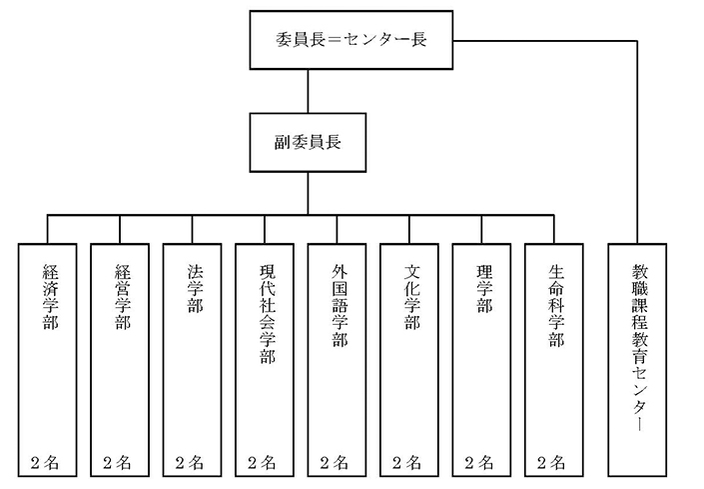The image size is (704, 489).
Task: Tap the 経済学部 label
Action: pyautogui.click(x=51, y=297)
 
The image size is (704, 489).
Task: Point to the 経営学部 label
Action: pyautogui.click(x=123, y=297)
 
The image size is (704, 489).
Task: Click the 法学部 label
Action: pyautogui.click(x=196, y=288)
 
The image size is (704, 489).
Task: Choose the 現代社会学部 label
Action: pyautogui.click(x=268, y=313)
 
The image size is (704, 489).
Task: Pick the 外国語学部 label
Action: pyautogui.click(x=340, y=305)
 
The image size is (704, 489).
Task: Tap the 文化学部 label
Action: pyautogui.click(x=412, y=297)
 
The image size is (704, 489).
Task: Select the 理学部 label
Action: pyautogui.click(x=484, y=288)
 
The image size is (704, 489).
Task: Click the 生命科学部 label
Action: pyautogui.click(x=557, y=305)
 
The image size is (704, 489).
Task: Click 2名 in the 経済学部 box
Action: pyautogui.click(x=45, y=462)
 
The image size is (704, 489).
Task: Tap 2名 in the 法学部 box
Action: pyautogui.click(x=189, y=462)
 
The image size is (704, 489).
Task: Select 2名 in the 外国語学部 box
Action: pyautogui.click(x=334, y=462)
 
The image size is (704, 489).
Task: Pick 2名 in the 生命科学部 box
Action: pyautogui.click(x=551, y=462)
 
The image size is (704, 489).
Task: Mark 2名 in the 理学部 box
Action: pyautogui.click(x=478, y=462)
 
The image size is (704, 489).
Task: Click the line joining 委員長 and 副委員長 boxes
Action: pyautogui.click(x=308, y=91)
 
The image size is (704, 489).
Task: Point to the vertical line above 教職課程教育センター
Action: pyautogui.click(x=637, y=142)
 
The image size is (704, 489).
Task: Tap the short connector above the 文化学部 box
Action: pyautogui.click(x=409, y=230)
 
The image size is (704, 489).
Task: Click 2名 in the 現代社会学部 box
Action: pyautogui.click(x=262, y=462)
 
